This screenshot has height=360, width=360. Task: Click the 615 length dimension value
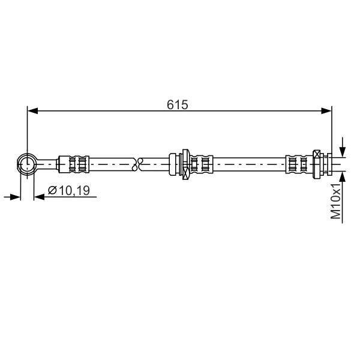[177, 104]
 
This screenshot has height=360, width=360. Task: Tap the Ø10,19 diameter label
[68, 191]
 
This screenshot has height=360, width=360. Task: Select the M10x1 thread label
[335, 202]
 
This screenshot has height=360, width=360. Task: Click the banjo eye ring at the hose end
[27, 164]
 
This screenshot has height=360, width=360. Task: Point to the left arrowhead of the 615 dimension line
[32, 111]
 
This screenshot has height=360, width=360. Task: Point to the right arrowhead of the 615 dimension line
[326, 111]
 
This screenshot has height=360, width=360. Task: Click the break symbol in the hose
[137, 164]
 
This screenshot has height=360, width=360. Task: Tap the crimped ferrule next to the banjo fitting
[74, 164]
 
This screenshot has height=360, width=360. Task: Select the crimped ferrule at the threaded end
[299, 164]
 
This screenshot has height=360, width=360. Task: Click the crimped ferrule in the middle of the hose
[201, 164]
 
